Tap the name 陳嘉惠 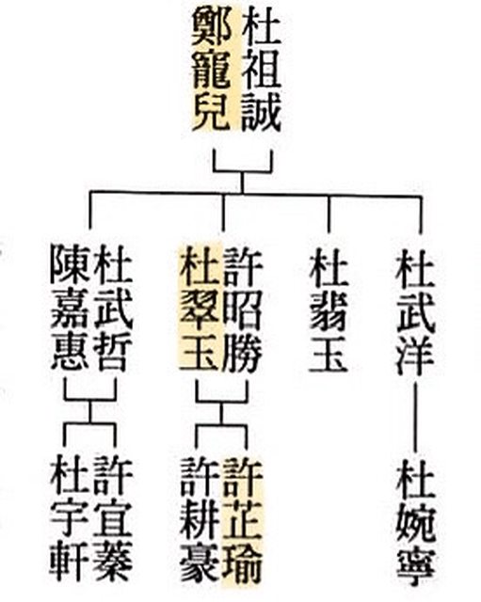[x=70, y=309]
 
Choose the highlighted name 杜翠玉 [x=200, y=309]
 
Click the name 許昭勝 [x=243, y=309]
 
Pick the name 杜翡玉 [x=329, y=309]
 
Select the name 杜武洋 [x=416, y=309]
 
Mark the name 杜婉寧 [x=416, y=521]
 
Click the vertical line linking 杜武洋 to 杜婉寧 [x=415, y=416]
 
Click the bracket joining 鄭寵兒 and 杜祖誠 [x=243, y=170]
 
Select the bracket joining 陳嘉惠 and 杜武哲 [x=90, y=400]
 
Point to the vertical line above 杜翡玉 [x=329, y=214]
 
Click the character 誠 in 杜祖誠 [x=262, y=111]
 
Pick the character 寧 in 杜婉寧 [x=416, y=564]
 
